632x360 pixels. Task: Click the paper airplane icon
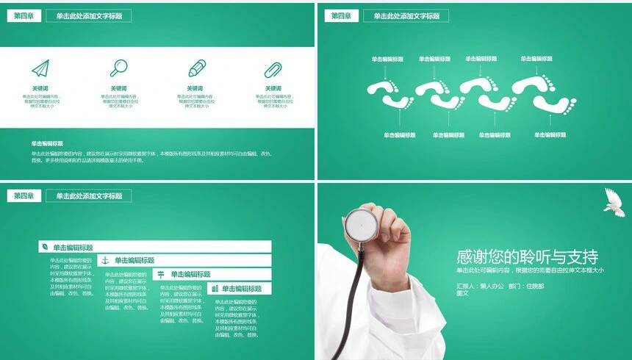point(40,68)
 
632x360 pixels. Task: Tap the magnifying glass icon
point(118,68)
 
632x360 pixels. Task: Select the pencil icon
point(197,68)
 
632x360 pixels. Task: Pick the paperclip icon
point(274,70)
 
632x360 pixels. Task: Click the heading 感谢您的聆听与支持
point(527,257)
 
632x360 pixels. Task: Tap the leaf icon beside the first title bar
point(45,247)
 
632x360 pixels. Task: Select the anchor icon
point(104,260)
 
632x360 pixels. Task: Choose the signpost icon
point(160,274)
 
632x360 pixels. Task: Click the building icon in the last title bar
point(214,289)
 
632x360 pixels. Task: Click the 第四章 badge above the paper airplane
point(24,15)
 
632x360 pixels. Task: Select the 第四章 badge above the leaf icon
point(24,195)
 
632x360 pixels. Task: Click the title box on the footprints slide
point(406,16)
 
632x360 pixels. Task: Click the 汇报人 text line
point(500,285)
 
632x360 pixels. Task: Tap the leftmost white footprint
point(381,90)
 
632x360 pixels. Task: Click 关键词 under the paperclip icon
point(273,89)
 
